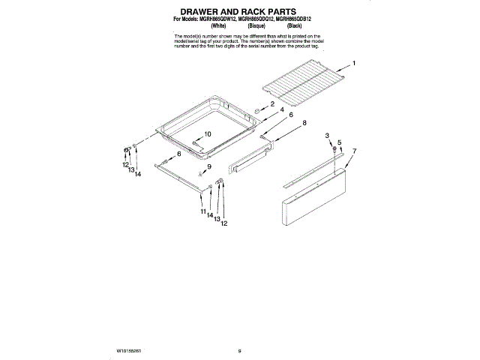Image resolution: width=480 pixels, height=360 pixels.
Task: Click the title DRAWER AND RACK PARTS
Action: [x=239, y=11]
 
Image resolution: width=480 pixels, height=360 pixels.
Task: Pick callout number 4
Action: [x=282, y=110]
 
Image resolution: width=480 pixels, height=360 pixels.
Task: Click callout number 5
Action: [x=339, y=142]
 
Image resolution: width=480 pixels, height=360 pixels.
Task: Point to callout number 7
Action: [x=354, y=151]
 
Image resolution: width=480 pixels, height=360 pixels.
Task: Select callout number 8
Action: [x=304, y=122]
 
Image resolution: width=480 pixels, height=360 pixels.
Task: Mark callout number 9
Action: [x=210, y=166]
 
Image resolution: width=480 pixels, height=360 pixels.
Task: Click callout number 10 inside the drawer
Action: [x=208, y=134]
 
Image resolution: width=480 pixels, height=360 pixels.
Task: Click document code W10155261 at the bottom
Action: [x=130, y=350]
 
